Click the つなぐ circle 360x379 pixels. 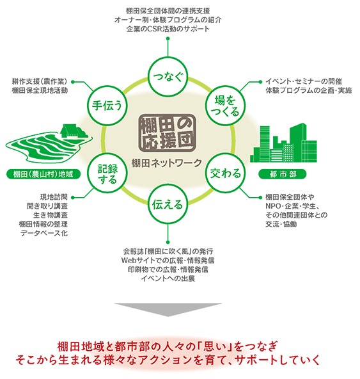click(168, 77)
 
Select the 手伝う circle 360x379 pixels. click(107, 106)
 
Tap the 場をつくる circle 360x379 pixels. click(225, 106)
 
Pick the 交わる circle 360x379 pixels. click(225, 173)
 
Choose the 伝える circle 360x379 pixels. click(168, 204)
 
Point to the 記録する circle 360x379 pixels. click(107, 173)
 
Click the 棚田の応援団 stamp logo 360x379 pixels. click(167, 133)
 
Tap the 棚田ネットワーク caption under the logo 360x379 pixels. click(167, 163)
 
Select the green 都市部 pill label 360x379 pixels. click(283, 174)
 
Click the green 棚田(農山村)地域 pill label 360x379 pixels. click(43, 174)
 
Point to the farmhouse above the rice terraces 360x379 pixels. click(73, 131)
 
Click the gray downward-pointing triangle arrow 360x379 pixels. click(168, 309)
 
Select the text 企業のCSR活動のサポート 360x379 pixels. click(168, 29)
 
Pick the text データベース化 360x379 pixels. click(44, 233)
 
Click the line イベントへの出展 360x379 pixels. click(168, 278)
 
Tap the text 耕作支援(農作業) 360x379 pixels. click(40, 81)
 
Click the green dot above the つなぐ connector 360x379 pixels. click(168, 38)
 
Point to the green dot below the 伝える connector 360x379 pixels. click(168, 242)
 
